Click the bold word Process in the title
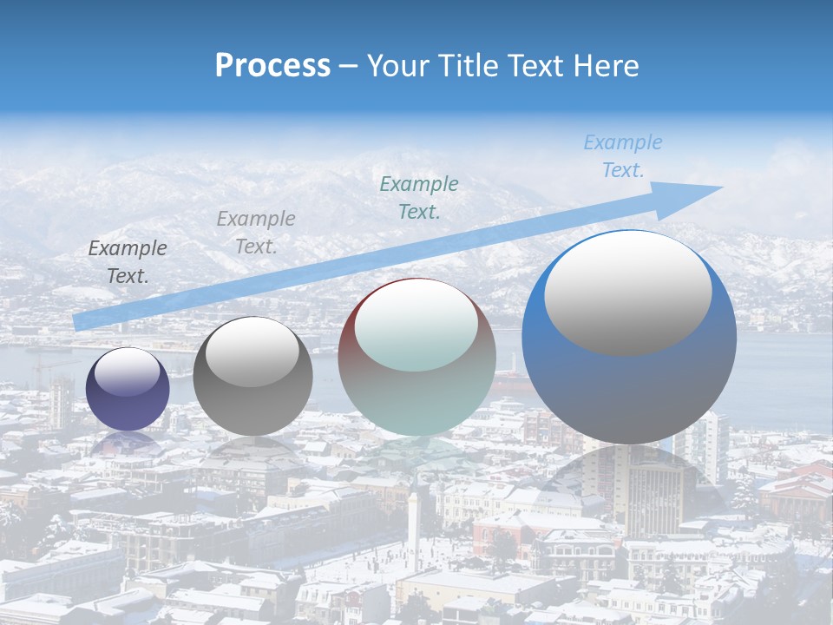tap(272, 66)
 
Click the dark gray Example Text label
tap(128, 262)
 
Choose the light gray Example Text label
tap(256, 232)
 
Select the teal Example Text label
tap(419, 197)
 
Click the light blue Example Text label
tap(623, 156)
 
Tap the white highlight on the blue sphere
tap(627, 292)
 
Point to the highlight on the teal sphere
tap(416, 325)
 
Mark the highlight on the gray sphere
tap(252, 351)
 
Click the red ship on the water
tap(512, 378)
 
